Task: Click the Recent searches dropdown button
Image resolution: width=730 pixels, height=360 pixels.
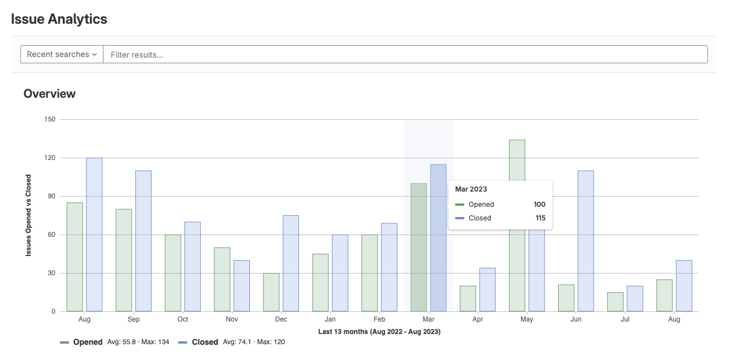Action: [62, 54]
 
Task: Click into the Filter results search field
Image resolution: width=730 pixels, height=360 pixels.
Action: [405, 54]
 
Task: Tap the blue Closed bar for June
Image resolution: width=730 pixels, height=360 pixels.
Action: [586, 241]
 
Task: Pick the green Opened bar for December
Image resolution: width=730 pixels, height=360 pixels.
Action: [271, 292]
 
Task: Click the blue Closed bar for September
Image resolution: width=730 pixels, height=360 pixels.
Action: [143, 241]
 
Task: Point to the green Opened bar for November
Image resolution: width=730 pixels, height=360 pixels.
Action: [222, 279]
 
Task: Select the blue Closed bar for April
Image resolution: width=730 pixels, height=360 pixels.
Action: [487, 289]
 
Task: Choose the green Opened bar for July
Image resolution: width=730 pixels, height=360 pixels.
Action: [615, 302]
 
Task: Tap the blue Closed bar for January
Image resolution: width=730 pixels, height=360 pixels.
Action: [340, 273]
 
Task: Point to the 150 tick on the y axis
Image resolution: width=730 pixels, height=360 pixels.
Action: [50, 119]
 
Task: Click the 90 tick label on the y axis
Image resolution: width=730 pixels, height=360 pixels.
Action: [51, 196]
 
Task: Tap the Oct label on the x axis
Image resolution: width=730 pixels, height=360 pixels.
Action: [183, 319]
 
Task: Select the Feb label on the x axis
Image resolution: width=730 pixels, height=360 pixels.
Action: [379, 319]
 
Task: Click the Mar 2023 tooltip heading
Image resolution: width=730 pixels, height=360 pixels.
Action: [471, 189]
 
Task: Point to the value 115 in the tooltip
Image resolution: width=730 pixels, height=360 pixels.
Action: [541, 218]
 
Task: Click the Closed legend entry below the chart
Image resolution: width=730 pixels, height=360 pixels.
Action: [204, 342]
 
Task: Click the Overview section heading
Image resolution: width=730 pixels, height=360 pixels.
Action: [50, 94]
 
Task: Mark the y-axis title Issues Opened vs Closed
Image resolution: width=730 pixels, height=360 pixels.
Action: [28, 215]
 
